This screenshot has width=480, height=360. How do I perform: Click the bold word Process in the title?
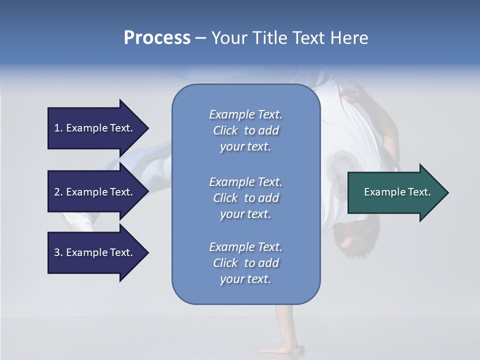coord(157,38)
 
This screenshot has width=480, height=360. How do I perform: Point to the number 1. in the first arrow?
coord(58,128)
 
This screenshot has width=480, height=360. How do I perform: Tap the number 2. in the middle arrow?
coord(58,192)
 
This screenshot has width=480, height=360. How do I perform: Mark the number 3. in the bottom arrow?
coord(58,252)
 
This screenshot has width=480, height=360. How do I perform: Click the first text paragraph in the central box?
coord(245,130)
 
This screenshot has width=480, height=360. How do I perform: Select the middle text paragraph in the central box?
coord(245,198)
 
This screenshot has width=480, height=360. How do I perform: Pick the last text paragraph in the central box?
coord(245,263)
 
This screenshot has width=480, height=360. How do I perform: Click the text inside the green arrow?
coord(397,192)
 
